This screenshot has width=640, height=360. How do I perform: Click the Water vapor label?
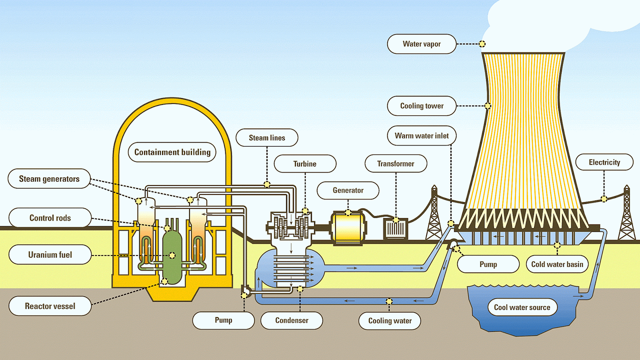tap(422, 44)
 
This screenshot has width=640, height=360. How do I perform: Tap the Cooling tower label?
tap(422, 106)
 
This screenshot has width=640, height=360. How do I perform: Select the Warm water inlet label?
tap(422, 136)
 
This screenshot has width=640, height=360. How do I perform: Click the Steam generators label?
tap(49, 179)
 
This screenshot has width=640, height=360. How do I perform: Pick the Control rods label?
tap(50, 218)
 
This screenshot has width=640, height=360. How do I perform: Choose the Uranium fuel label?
tap(50, 255)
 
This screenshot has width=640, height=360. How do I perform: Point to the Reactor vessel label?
tap(50, 306)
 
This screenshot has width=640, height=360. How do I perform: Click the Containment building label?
tap(172, 152)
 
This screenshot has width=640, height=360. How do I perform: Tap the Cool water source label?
tap(522, 307)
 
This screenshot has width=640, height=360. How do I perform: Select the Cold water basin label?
tap(557, 264)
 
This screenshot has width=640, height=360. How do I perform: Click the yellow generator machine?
tap(348, 228)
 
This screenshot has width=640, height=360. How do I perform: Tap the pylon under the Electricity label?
tap(626, 216)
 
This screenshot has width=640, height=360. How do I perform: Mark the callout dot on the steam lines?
tap(267, 184)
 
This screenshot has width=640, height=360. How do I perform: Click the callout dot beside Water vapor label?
tap(482, 44)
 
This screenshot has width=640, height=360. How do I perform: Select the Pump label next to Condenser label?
tap(223, 320)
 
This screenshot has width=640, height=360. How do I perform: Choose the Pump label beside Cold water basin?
tap(488, 264)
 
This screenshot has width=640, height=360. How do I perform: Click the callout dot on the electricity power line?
tap(604, 199)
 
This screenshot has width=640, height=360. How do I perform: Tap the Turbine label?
tap(305, 164)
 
